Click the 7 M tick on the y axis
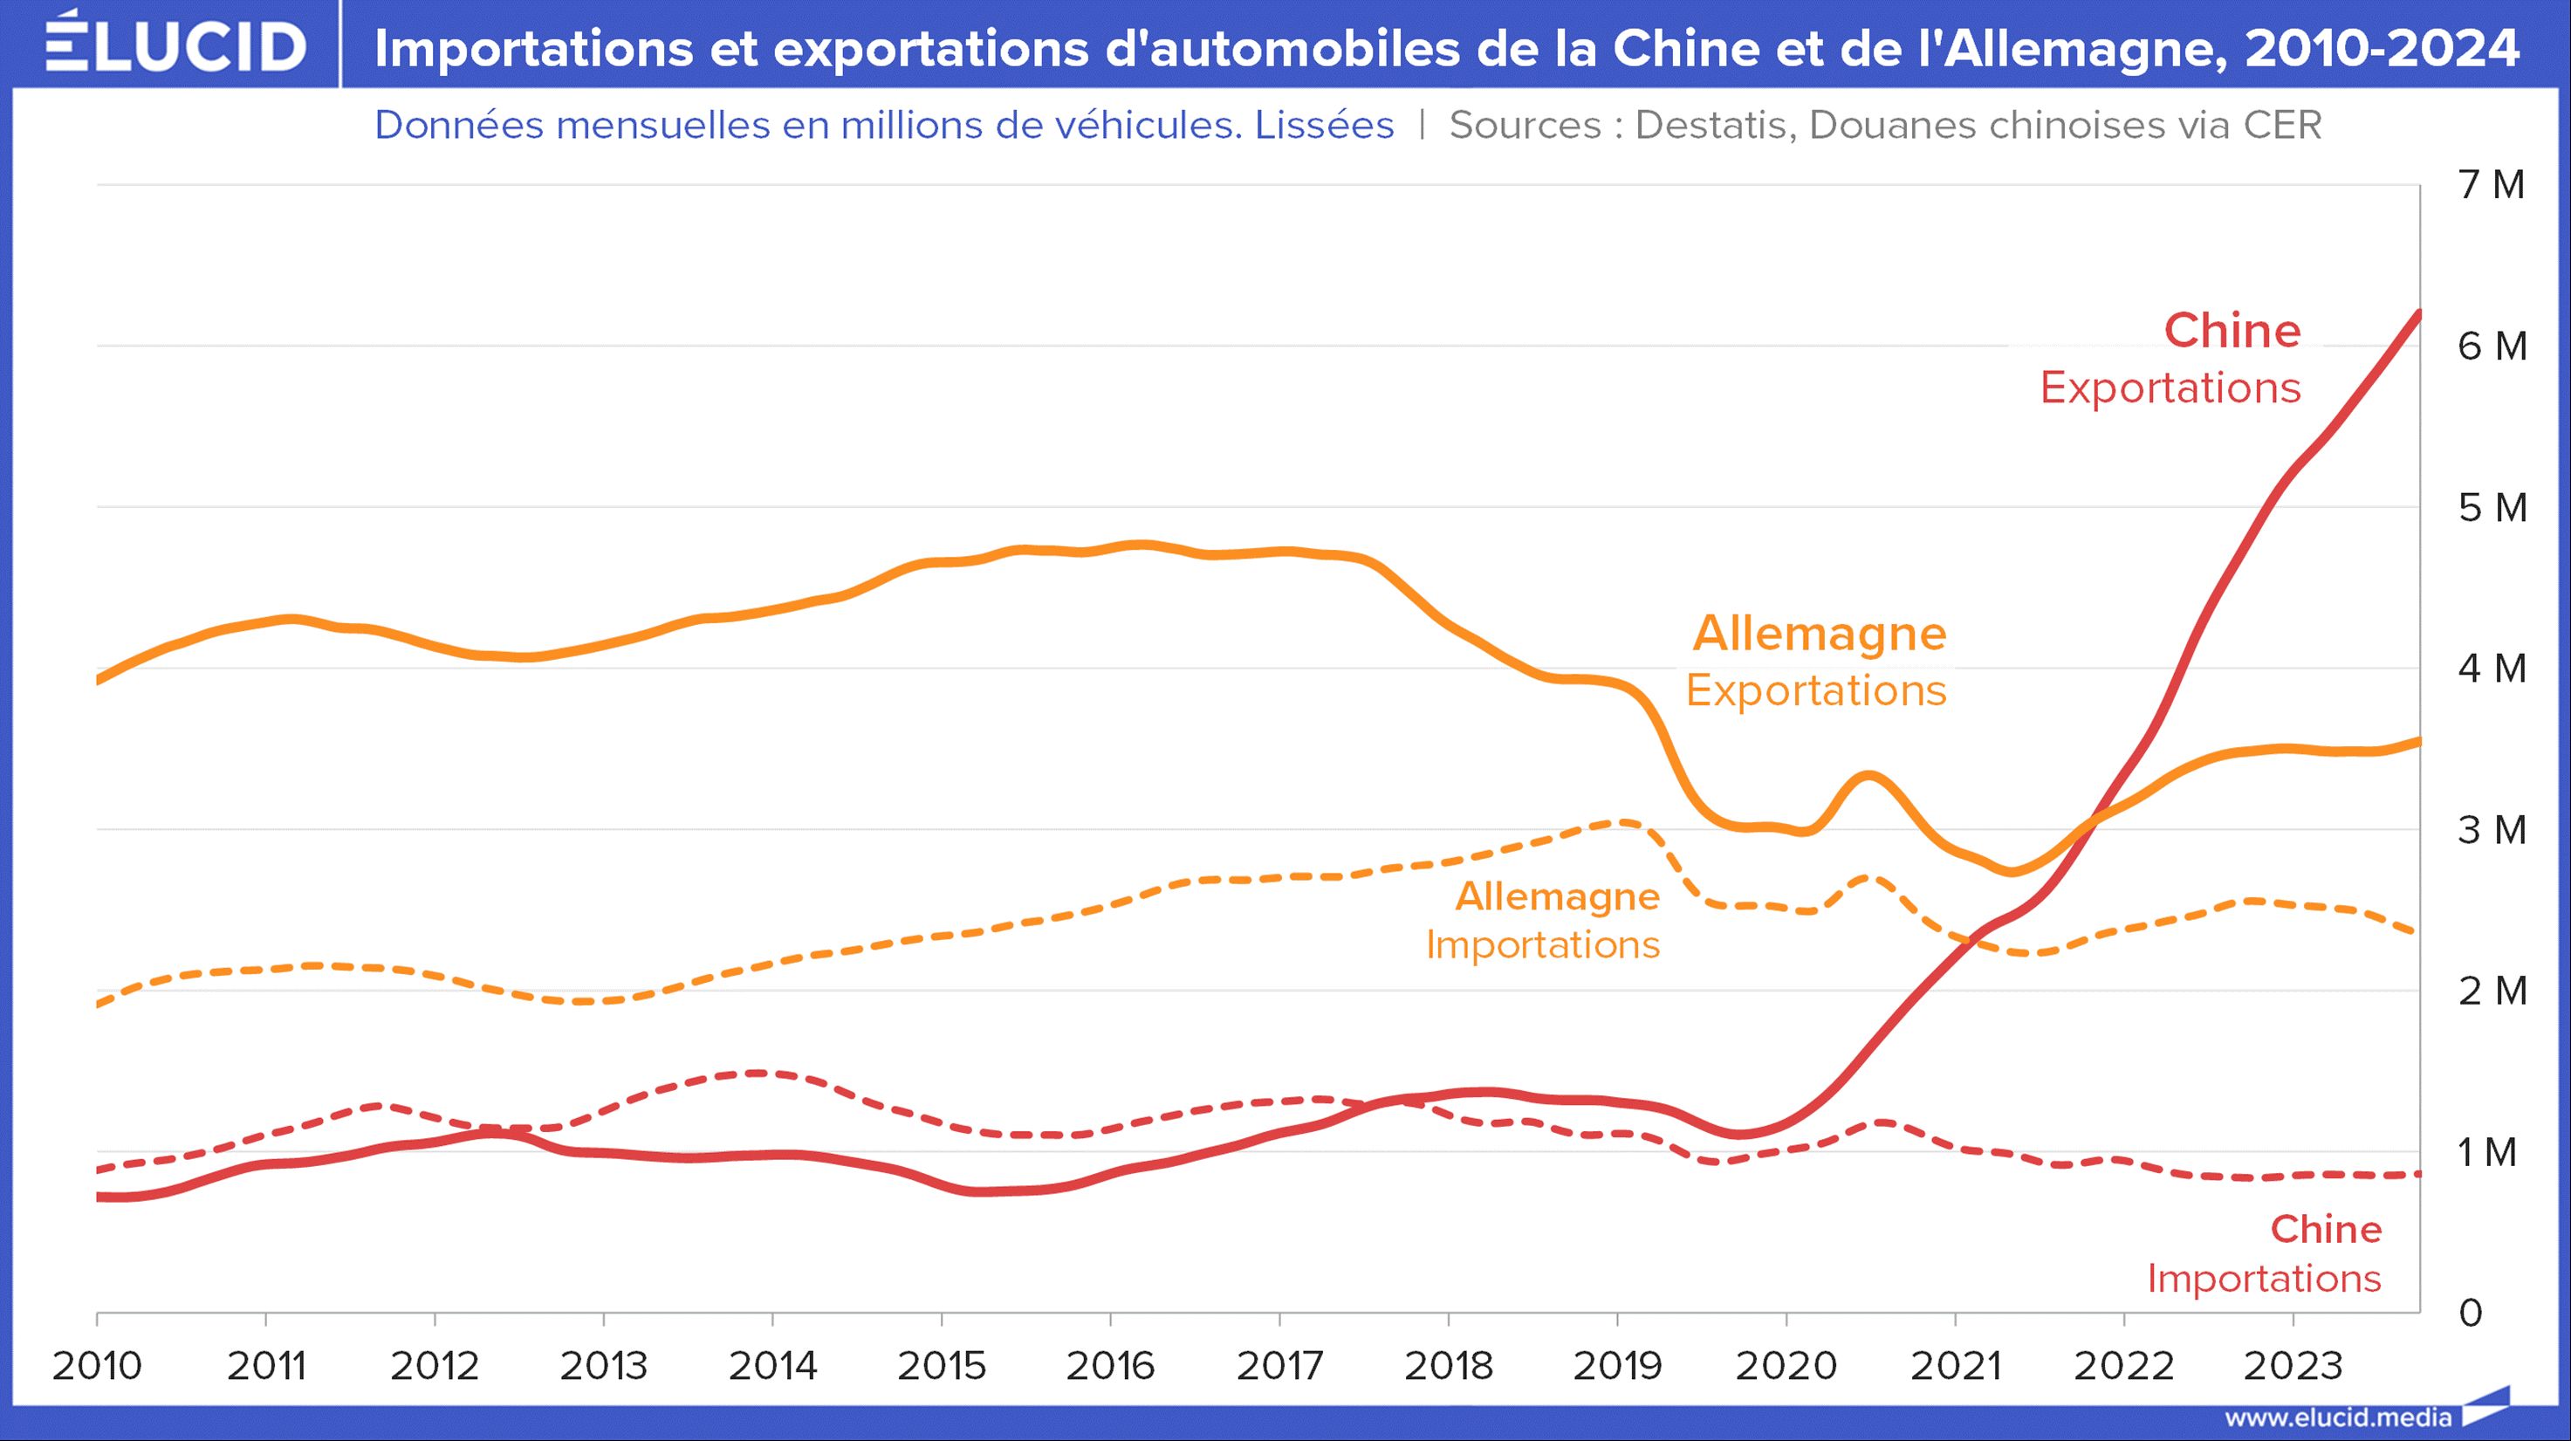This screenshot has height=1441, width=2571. [2492, 185]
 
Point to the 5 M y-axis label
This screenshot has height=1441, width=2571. [2492, 508]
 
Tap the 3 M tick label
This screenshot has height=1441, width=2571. [2492, 829]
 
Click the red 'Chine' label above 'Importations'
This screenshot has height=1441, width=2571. [2326, 1230]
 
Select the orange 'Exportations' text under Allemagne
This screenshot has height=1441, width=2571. [1815, 690]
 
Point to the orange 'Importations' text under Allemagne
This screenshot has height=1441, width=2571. [1542, 945]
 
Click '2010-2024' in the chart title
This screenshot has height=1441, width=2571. [2382, 48]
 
